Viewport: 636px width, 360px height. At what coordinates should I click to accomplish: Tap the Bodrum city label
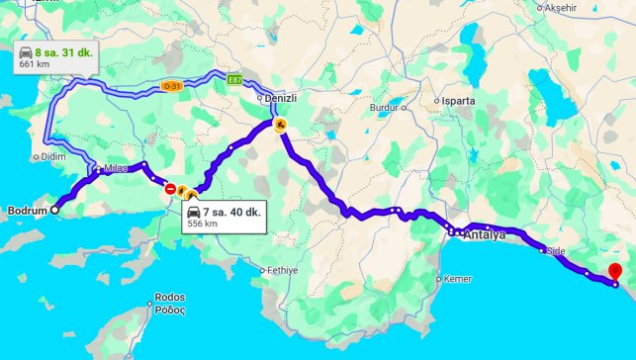(27, 211)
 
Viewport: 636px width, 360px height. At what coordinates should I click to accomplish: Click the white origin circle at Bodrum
(54, 210)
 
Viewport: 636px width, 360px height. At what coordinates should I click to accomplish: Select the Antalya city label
(484, 235)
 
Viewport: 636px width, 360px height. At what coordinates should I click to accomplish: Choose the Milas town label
(116, 168)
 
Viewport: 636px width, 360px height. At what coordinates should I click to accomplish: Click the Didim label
(52, 156)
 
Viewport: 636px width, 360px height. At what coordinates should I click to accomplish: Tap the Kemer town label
(458, 279)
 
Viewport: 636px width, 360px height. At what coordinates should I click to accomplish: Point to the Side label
(555, 251)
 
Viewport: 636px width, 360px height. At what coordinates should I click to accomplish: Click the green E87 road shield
(234, 81)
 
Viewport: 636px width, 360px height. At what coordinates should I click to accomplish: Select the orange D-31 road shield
(171, 87)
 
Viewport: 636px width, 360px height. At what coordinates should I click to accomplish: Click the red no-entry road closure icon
(171, 188)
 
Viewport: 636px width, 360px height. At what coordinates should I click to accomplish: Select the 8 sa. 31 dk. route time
(61, 52)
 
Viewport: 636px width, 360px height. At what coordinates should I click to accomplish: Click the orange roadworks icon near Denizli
(281, 125)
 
